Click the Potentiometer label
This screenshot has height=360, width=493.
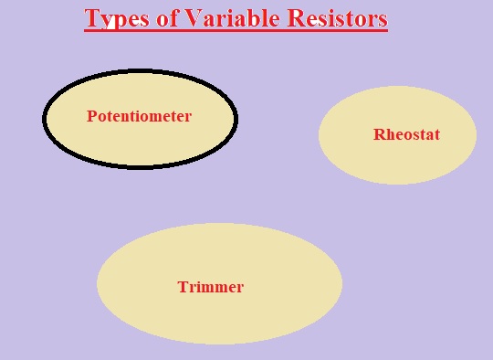(139, 116)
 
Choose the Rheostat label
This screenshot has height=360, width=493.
(406, 135)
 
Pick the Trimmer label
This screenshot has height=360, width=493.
(210, 287)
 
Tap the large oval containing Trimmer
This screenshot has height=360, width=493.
(219, 316)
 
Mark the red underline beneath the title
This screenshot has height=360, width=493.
(236, 31)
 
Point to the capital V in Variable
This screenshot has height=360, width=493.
(191, 18)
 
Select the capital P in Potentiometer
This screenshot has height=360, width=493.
(91, 116)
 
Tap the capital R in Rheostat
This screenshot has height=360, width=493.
(379, 135)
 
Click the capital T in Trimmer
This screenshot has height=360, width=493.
(182, 287)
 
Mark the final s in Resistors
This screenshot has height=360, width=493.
(383, 19)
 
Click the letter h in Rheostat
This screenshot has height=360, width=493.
(389, 135)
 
